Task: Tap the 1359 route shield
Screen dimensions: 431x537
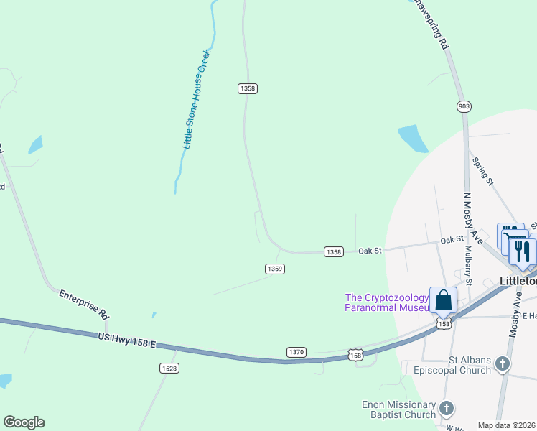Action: (x=275, y=269)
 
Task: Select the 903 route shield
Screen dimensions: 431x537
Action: (x=464, y=106)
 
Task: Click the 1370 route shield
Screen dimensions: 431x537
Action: (x=296, y=352)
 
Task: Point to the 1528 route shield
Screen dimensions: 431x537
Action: (x=169, y=368)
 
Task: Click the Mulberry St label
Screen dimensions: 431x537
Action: (x=468, y=266)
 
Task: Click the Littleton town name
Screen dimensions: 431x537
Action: (x=518, y=282)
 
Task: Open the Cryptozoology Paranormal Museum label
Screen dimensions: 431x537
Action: (x=387, y=302)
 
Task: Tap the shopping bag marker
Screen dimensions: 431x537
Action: (x=444, y=300)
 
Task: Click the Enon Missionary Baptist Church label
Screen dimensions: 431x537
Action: (x=400, y=409)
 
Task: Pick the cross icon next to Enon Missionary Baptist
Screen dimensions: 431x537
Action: (x=446, y=409)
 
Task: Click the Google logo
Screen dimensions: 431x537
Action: (x=24, y=422)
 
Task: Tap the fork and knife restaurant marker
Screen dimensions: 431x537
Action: (x=523, y=251)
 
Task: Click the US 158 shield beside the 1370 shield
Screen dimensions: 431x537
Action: (x=355, y=355)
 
